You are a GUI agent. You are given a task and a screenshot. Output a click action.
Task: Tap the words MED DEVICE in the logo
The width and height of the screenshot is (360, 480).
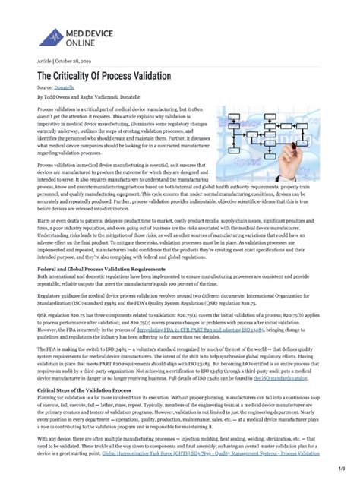point(90,31)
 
